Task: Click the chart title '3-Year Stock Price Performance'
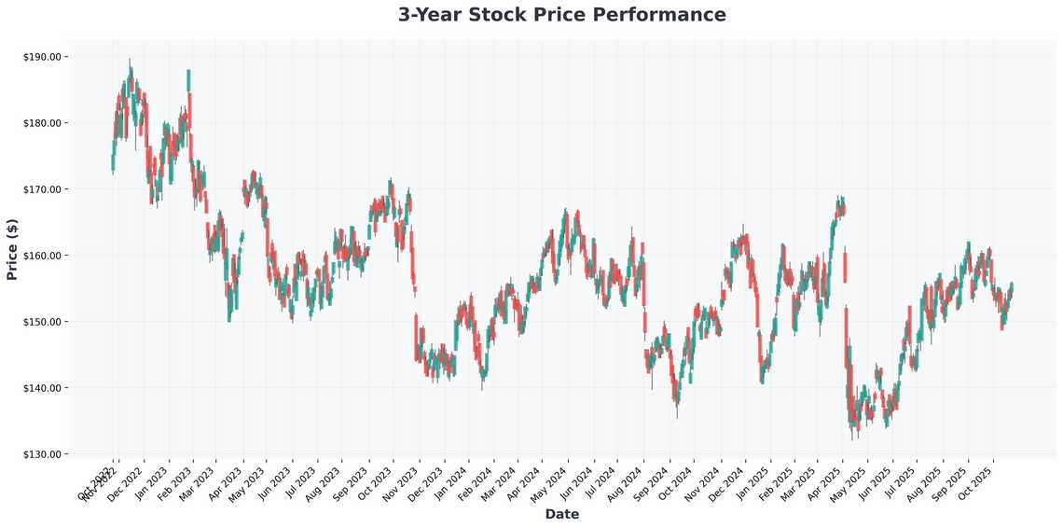click(561, 15)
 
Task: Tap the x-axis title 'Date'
click(561, 514)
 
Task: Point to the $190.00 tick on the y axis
click(42, 57)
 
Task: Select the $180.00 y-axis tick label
click(42, 123)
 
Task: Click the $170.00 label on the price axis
click(42, 189)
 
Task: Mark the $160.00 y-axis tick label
click(42, 256)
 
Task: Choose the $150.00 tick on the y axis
click(42, 322)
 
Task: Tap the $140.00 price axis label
click(42, 388)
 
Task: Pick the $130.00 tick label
click(42, 454)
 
